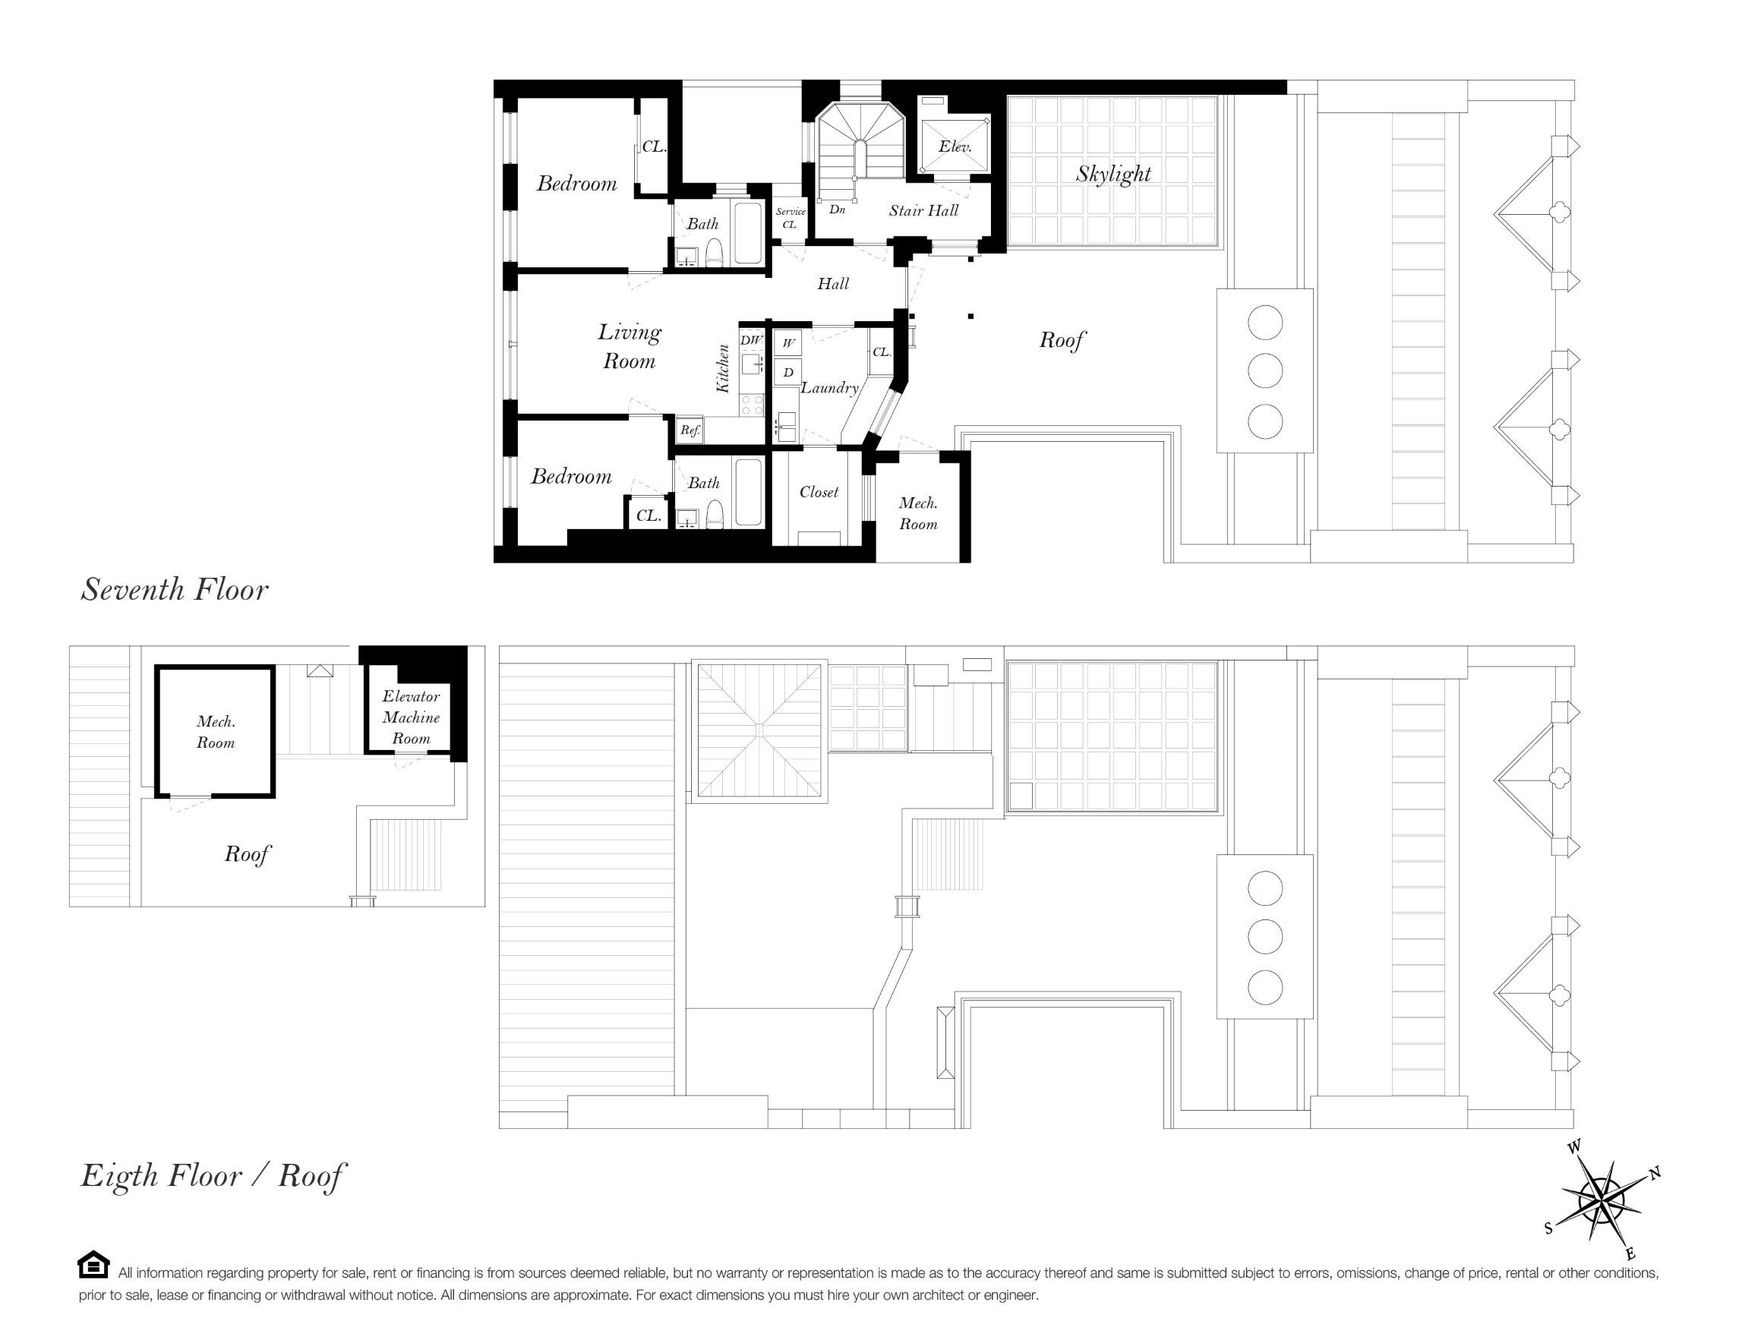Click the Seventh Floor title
coord(175,590)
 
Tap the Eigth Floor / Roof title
coord(213,1176)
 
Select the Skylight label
coord(1113,174)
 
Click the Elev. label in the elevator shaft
coord(955,147)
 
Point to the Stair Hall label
coord(923,210)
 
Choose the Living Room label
coord(629,346)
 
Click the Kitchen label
coord(723,367)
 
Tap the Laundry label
coord(830,388)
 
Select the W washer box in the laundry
coord(788,343)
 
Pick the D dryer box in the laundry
coord(788,372)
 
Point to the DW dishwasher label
coord(751,340)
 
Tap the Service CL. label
coord(790,217)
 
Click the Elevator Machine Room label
coord(411,717)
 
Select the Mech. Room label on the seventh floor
coord(918,513)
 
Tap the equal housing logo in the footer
coord(93,1265)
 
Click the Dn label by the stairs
coord(837,210)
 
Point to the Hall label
coord(833,283)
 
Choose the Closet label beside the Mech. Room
coord(819,492)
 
